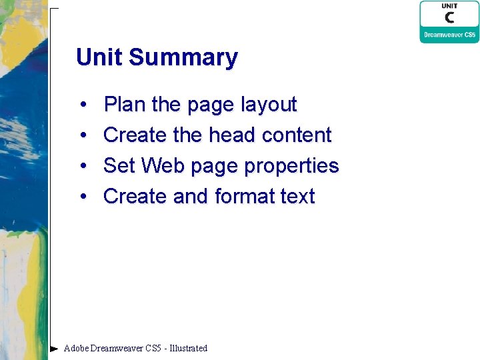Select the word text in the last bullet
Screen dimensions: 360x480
pyautogui.click(x=297, y=197)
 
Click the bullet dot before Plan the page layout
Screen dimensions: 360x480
pyautogui.click(x=83, y=105)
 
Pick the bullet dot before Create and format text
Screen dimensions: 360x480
pyautogui.click(x=83, y=197)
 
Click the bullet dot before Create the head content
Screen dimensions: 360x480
pyautogui.click(x=83, y=136)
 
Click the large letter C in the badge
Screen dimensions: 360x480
pyautogui.click(x=449, y=17)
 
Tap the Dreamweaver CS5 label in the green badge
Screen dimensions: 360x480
pyautogui.click(x=449, y=34)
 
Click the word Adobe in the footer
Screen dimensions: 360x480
pyautogui.click(x=76, y=348)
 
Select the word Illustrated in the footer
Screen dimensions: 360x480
pyautogui.click(x=189, y=348)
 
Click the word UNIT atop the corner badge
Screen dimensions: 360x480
pyautogui.click(x=449, y=6)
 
